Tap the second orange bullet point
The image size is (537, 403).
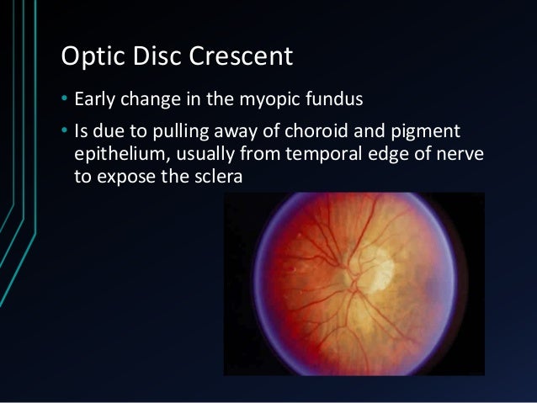pyautogui.click(x=65, y=134)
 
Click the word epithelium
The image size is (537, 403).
pyautogui.click(x=117, y=156)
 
